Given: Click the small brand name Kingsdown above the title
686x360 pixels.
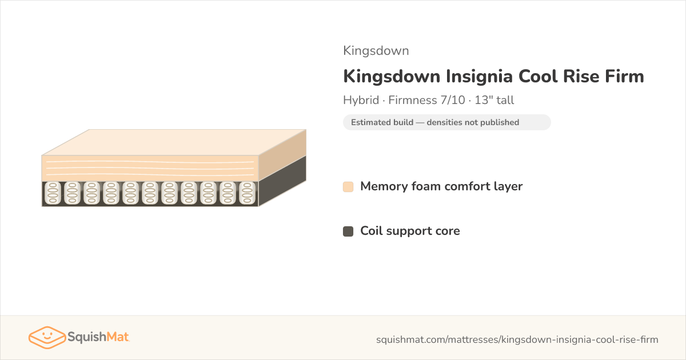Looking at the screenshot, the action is (x=376, y=51).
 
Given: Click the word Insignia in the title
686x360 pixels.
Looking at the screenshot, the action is (x=479, y=77).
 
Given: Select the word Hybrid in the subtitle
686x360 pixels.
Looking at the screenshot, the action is (x=361, y=100).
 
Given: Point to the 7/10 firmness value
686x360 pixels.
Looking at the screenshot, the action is (x=453, y=100).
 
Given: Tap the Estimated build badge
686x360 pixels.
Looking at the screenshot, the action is (x=447, y=122).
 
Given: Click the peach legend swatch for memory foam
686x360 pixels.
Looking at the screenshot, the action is (x=348, y=187).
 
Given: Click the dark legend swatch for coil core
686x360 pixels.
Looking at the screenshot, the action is (x=348, y=231).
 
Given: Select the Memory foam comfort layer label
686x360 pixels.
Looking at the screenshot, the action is (x=441, y=186).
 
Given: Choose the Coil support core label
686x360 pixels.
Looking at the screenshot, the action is (x=410, y=231).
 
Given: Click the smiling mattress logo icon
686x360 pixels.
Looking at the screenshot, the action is (x=47, y=337).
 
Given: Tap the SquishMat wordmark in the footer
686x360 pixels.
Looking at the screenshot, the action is (x=98, y=337).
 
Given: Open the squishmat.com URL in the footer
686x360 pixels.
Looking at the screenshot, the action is (x=517, y=339).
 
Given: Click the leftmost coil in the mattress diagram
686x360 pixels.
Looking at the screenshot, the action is (x=53, y=193).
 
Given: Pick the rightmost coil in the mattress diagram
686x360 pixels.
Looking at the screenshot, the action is (x=247, y=193).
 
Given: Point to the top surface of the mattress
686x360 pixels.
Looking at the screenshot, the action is (x=174, y=142).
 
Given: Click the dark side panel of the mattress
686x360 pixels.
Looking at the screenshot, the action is (x=282, y=181).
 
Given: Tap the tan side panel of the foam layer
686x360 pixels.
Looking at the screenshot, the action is (x=282, y=155).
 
